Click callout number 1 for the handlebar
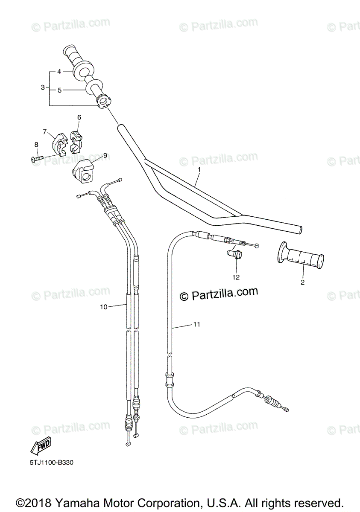click(199, 169)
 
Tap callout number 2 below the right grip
click(302, 282)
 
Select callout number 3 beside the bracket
click(43, 87)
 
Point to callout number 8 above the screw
click(36, 145)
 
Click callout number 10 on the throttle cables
click(103, 306)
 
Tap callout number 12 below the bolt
click(236, 277)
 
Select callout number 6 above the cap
click(79, 117)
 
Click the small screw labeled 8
click(37, 159)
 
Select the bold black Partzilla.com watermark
click(220, 294)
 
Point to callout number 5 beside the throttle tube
click(59, 90)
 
